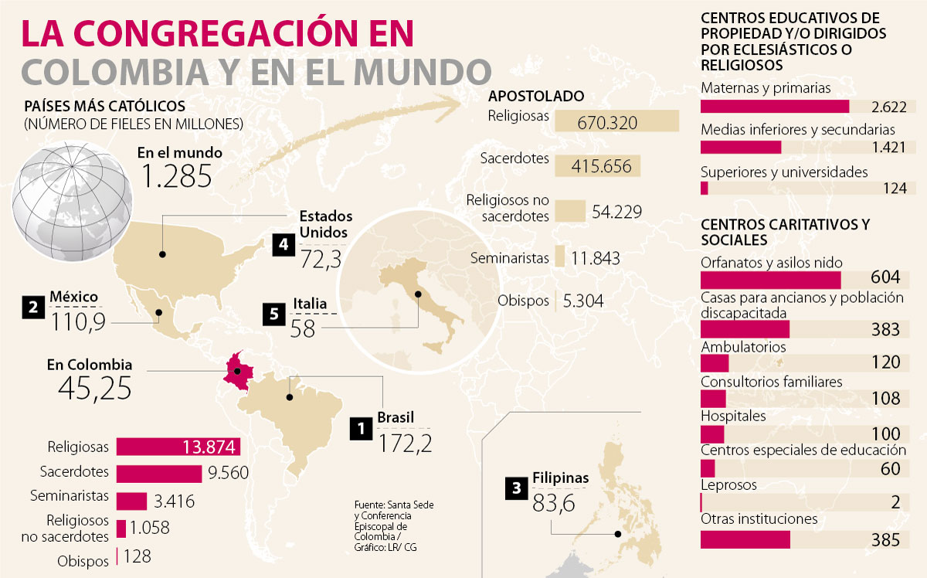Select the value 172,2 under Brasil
[405, 443]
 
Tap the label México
[73, 297]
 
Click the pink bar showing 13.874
[178, 447]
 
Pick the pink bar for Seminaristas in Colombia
[131, 501]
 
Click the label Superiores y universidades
[784, 172]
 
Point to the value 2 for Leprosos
[895, 503]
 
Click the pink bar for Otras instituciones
[745, 539]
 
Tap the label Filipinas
[560, 478]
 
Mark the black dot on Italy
[419, 293]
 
